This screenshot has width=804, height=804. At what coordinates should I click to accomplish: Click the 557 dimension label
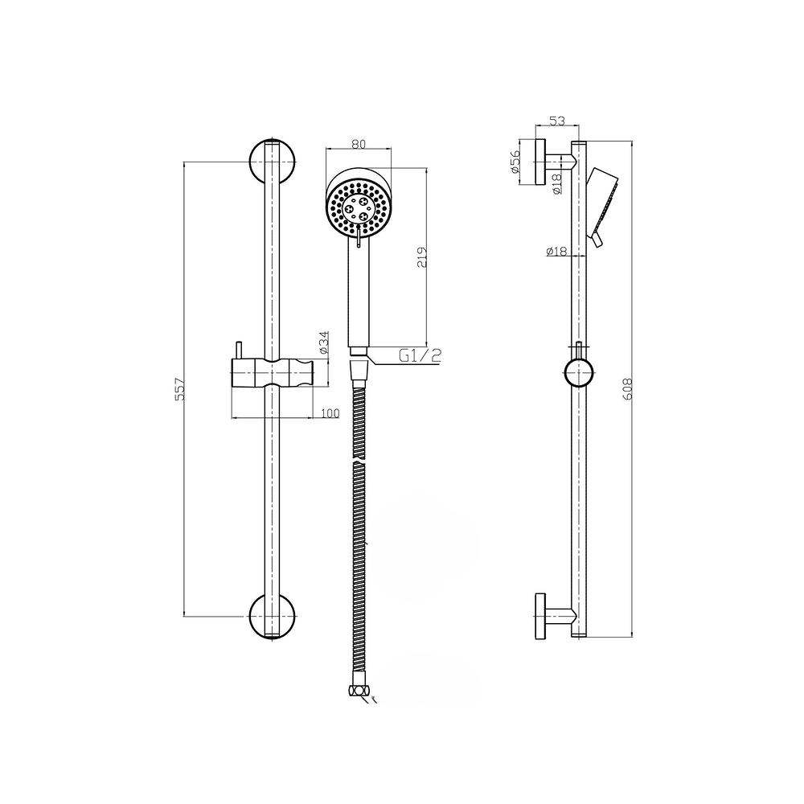[179, 389]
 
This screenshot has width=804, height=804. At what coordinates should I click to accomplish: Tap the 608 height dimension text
[627, 389]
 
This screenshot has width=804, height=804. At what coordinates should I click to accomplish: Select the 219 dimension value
[421, 257]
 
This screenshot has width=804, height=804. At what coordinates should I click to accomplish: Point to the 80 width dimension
[359, 144]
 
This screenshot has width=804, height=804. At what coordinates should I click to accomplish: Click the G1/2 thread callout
[420, 355]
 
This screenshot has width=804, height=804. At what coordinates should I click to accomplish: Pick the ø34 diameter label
[323, 343]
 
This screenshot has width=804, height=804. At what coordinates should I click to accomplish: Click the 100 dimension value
[330, 413]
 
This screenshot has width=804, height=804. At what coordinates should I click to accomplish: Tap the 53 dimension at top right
[557, 121]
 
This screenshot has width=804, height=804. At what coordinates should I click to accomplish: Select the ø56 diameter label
[515, 162]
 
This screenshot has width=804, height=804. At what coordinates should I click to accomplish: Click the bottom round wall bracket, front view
[273, 617]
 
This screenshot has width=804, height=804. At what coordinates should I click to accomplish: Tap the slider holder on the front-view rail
[273, 373]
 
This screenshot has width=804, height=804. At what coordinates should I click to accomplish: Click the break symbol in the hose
[359, 463]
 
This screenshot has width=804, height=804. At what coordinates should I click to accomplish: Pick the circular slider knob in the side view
[579, 373]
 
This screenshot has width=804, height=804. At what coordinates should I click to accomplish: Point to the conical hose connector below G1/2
[359, 370]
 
